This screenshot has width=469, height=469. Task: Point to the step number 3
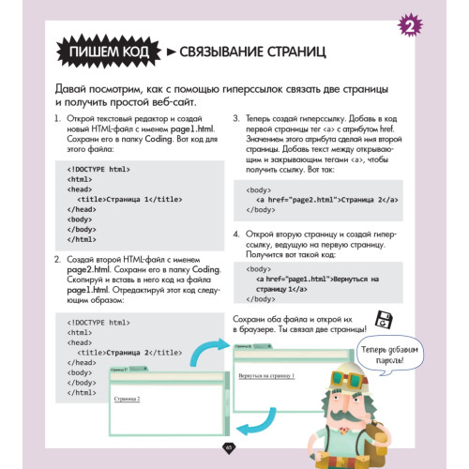point(236,119)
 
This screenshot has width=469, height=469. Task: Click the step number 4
point(236,231)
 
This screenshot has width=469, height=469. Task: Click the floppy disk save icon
point(382,320)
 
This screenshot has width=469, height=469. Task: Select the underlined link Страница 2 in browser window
point(127,399)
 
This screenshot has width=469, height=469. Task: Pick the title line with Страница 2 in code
point(117,352)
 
